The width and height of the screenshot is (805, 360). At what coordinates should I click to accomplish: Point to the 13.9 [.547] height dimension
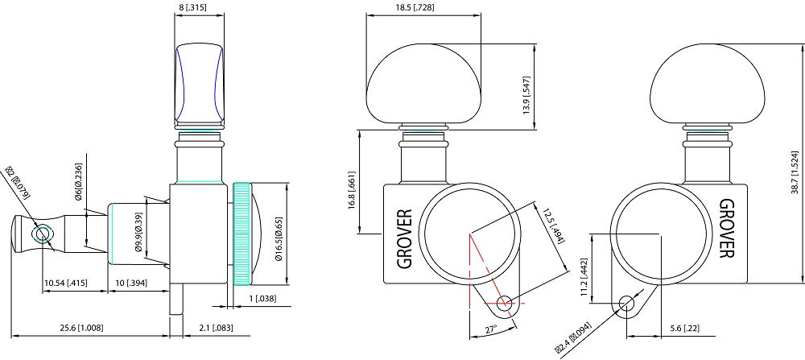[526, 95]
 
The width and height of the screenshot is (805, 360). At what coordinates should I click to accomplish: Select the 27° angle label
[491, 329]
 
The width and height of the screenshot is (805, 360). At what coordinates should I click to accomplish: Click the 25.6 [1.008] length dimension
[81, 328]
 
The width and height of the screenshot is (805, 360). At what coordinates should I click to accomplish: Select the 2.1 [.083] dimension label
[213, 328]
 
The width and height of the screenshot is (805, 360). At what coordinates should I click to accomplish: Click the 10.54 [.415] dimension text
[66, 282]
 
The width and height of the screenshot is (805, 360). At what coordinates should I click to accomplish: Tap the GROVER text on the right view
[726, 229]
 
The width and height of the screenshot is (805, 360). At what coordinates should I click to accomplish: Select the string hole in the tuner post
[42, 234]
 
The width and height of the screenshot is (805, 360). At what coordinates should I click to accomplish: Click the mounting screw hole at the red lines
[505, 304]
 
